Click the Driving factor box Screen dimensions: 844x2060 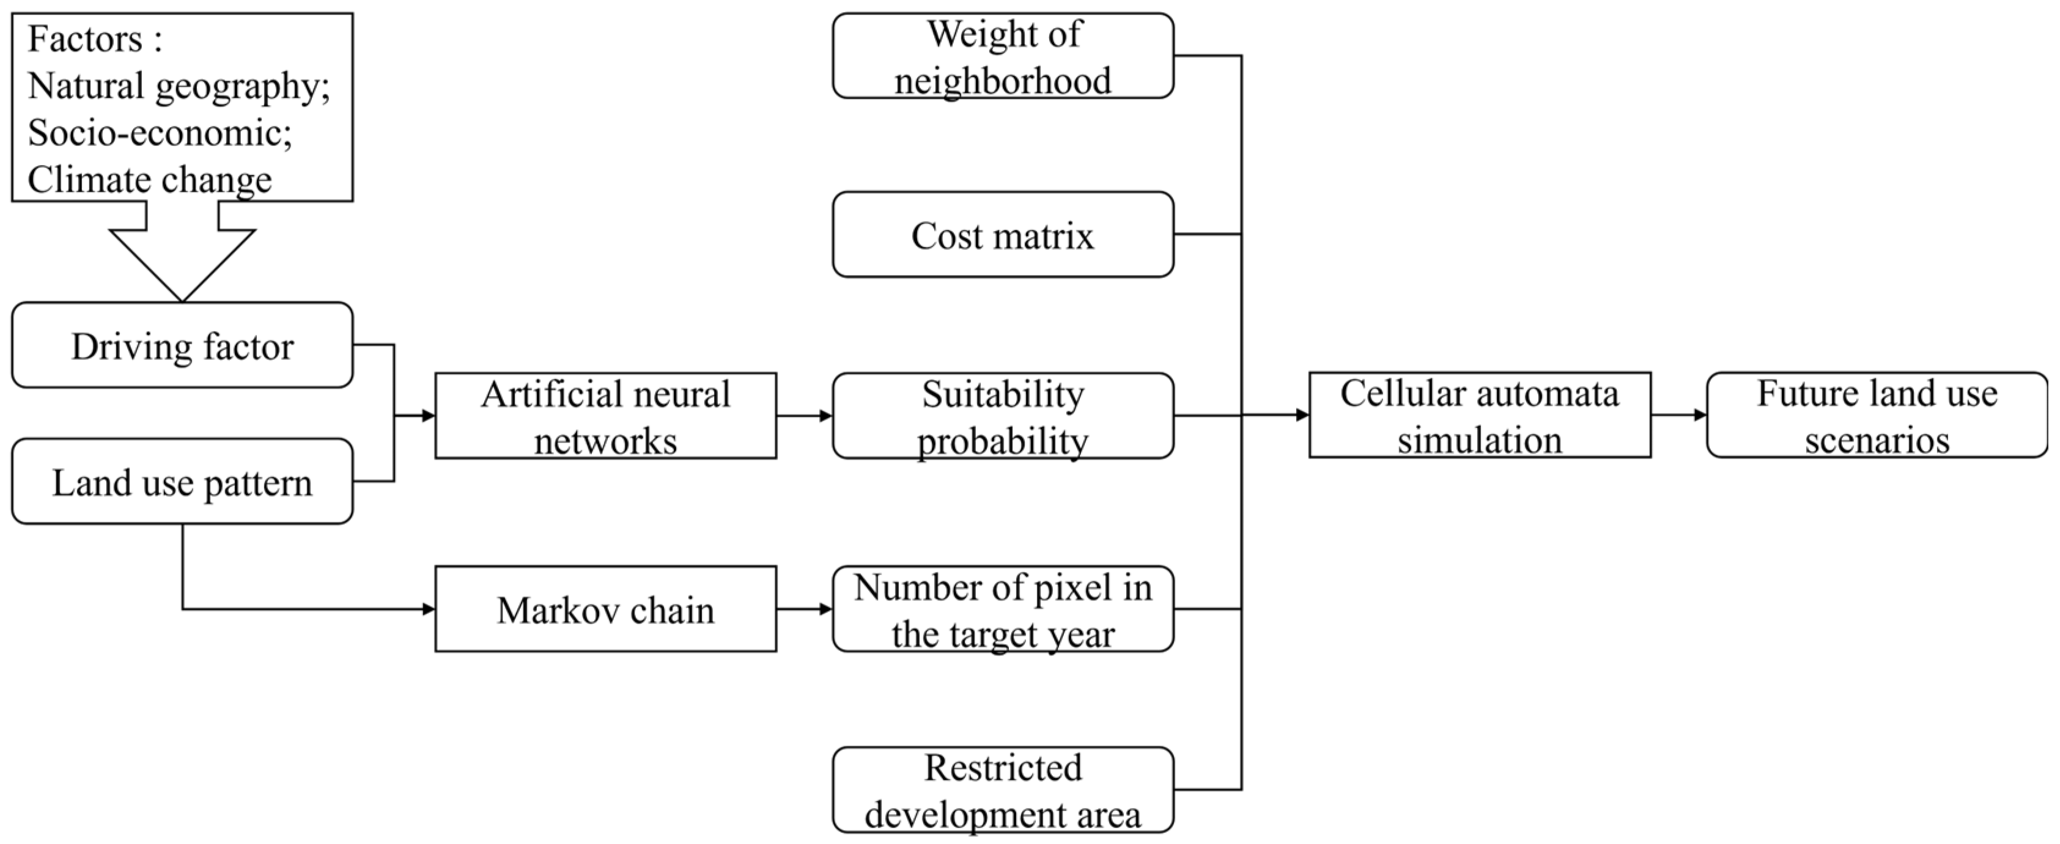182,345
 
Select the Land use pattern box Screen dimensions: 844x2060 182,481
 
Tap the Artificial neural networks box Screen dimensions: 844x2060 605,416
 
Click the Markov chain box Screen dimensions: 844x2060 605,609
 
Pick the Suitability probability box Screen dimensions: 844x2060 1003,416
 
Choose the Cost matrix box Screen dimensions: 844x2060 1003,235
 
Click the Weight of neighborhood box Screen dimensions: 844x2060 1003,56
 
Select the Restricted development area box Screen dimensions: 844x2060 1003,790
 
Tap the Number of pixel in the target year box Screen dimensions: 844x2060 1003,609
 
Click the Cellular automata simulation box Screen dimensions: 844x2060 1480,415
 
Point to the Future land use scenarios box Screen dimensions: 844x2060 1877,415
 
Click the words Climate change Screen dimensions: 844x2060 150,179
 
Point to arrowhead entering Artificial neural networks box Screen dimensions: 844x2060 428,416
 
